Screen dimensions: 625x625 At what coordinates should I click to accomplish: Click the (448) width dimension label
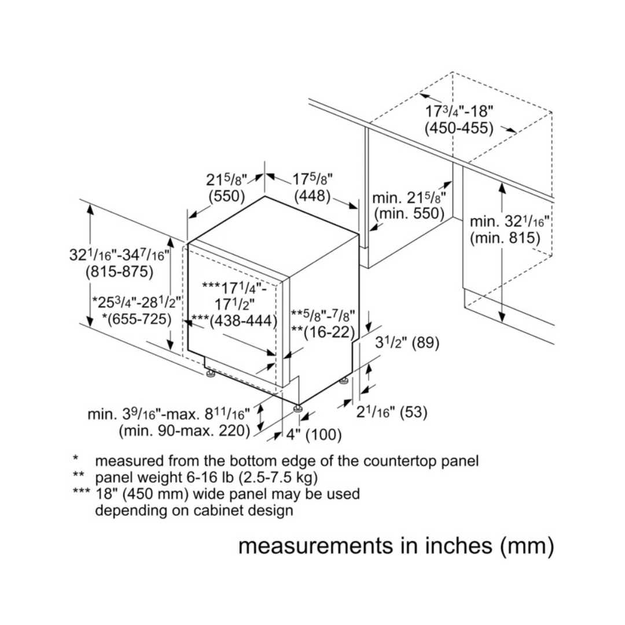[312, 196]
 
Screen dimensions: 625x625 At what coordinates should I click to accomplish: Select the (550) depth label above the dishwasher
[227, 196]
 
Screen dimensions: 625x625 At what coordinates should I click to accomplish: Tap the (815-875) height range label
[119, 271]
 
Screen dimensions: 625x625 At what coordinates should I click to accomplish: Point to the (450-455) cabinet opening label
[458, 128]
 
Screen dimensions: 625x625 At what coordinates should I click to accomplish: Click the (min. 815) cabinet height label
[505, 237]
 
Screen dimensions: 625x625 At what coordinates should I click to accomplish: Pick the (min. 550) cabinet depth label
[409, 214]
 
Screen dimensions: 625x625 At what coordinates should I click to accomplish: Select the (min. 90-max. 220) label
[184, 431]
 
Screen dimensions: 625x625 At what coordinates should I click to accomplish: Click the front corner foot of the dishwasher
[299, 409]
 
